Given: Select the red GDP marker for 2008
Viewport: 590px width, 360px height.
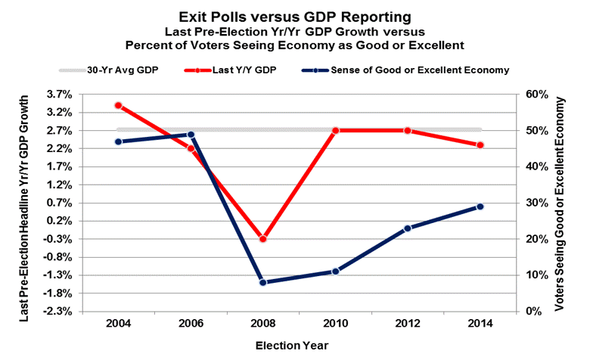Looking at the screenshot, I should click(x=263, y=239).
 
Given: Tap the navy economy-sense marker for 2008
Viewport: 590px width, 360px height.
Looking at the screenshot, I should click(x=263, y=282).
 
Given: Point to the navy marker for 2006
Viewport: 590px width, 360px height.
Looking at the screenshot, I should click(x=191, y=135).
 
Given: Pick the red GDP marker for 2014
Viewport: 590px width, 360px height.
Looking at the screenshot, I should click(x=480, y=145).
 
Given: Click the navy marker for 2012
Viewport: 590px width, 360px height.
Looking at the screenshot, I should click(x=408, y=228).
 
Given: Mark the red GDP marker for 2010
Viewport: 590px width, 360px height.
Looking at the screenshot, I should click(x=335, y=130).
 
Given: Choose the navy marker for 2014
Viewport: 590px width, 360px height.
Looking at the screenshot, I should click(x=480, y=206).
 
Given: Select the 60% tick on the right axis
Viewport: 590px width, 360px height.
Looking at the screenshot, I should click(x=536, y=95).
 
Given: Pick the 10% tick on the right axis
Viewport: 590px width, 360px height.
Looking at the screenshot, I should click(x=536, y=275).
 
